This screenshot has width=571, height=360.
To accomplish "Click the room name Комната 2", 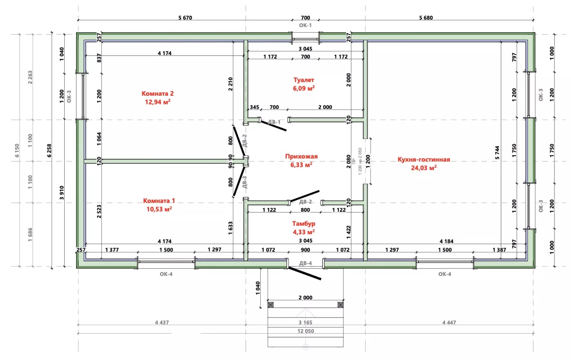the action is tap(157, 93).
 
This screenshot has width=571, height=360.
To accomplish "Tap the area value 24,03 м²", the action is tap(424, 168).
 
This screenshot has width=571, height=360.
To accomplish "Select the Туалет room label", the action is tap(304, 80).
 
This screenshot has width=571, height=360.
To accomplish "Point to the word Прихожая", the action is tap(301, 156).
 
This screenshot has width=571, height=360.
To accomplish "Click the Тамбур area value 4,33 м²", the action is tap(304, 232).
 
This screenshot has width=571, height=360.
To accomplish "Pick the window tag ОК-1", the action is tap(305, 25).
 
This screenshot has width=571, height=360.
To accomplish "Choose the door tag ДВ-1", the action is tap(274, 122).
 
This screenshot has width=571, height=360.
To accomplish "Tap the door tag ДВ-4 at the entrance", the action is tap(305, 263).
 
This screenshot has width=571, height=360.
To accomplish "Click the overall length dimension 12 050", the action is tap(306, 331).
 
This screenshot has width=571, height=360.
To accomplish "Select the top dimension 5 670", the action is tap(185, 18).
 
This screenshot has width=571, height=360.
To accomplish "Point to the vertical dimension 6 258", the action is tap(49, 150).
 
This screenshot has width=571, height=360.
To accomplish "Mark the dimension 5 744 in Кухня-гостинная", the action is tap(497, 153).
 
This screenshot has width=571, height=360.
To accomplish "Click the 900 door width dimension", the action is tap(305, 250).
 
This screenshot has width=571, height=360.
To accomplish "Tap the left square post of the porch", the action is tap(270, 305).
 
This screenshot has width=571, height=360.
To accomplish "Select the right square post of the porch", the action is tap(340, 305).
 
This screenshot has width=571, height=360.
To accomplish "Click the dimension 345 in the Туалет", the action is tap(254, 107).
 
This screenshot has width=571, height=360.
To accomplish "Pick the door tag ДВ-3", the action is tap(245, 182).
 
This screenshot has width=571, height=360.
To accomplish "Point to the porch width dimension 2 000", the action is tap(305, 297).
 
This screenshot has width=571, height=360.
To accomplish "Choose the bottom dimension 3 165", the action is tap(305, 322).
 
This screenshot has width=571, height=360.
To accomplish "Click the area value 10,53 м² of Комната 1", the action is tap(159, 209).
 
